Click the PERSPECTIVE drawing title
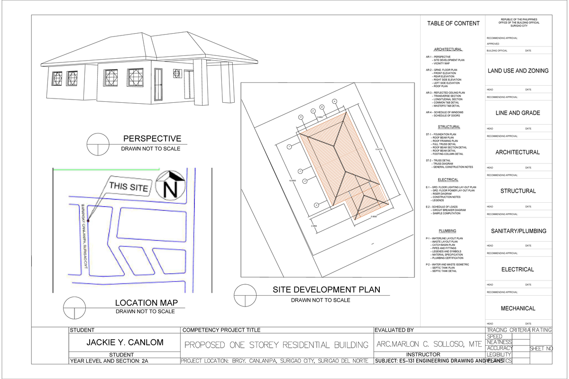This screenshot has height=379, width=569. (152, 139)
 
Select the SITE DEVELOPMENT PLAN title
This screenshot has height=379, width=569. (326, 290)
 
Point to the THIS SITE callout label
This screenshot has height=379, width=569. (128, 187)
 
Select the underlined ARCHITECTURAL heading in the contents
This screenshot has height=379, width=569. (448, 49)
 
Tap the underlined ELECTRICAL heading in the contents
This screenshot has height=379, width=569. (448, 180)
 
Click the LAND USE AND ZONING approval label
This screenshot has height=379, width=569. (518, 71)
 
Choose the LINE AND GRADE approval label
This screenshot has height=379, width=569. (518, 113)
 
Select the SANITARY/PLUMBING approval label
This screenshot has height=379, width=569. (518, 231)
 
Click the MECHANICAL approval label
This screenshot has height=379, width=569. (518, 308)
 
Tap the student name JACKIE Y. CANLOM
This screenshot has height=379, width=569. (124, 342)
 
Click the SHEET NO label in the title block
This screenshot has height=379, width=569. (541, 349)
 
